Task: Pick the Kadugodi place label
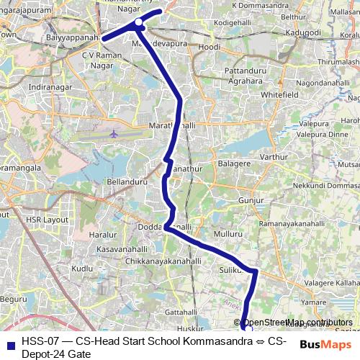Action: click(x=302, y=33)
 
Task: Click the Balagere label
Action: click(x=233, y=164)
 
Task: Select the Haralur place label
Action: click(x=102, y=235)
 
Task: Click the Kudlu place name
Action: click(x=84, y=269)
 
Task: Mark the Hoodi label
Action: click(x=209, y=47)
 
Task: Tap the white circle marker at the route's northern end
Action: click(x=139, y=27)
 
